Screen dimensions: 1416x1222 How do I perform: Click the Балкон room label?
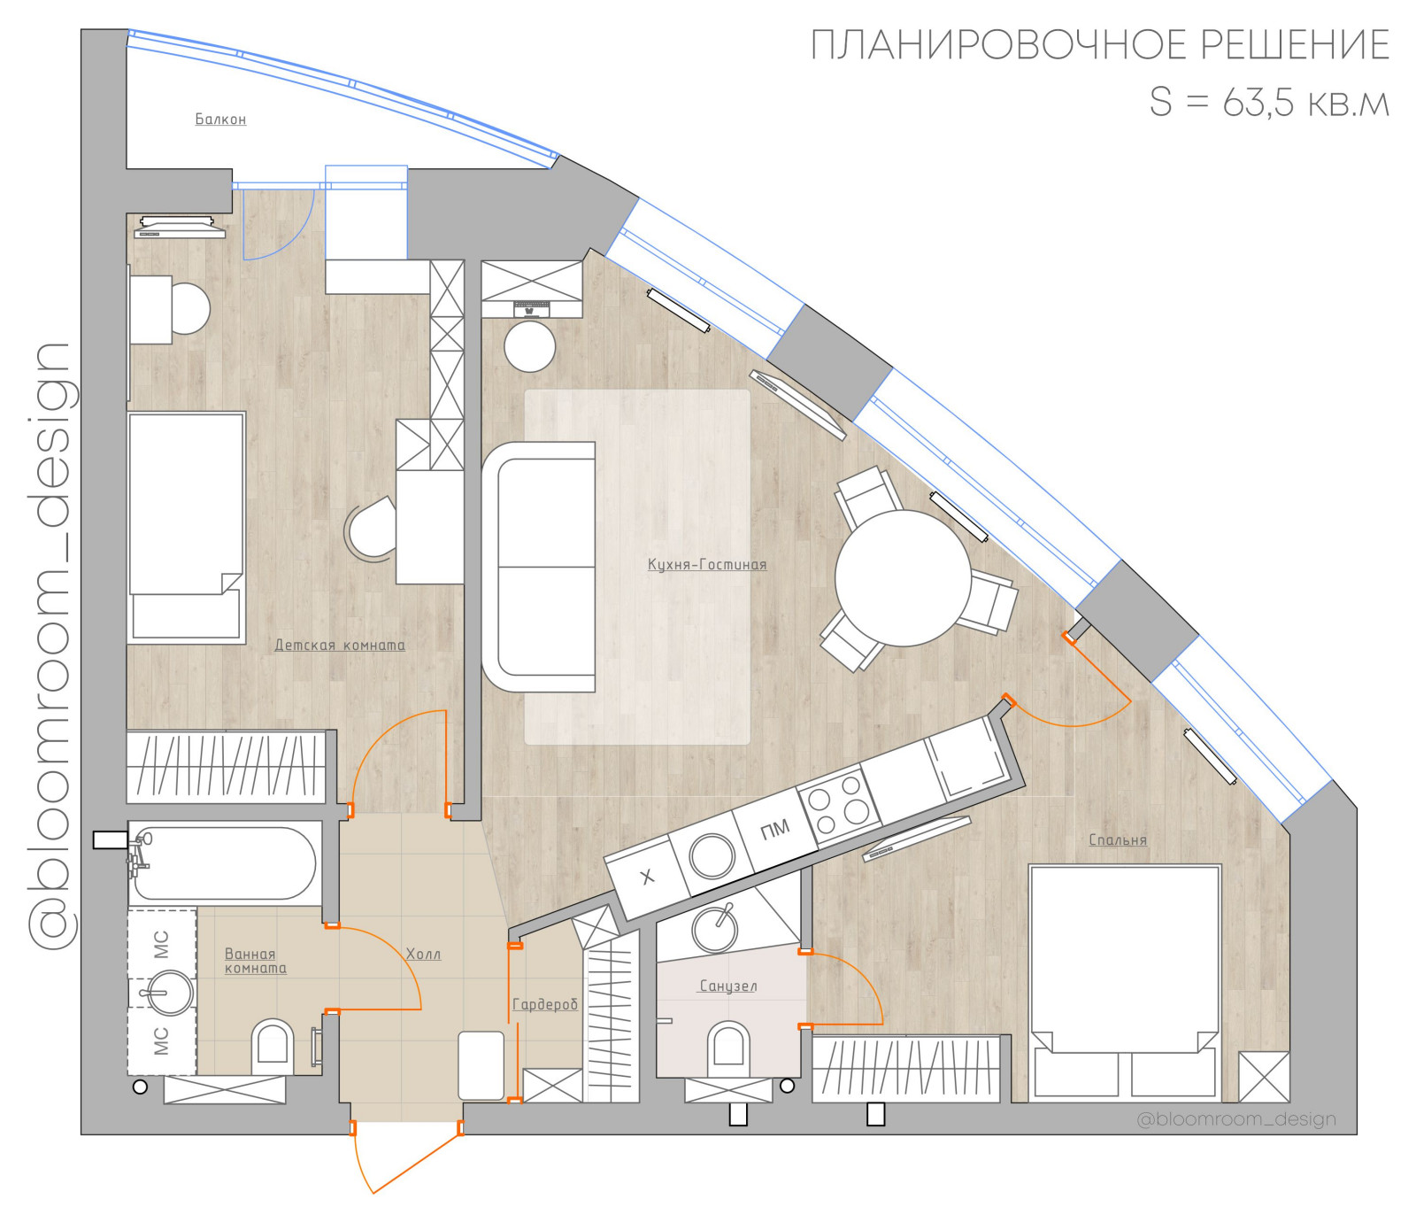pyautogui.click(x=220, y=120)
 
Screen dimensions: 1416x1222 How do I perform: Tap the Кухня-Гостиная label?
pyautogui.click(x=707, y=565)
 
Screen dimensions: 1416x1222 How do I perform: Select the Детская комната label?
pyautogui.click(x=340, y=646)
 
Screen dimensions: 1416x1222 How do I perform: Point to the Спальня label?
pyautogui.click(x=1118, y=840)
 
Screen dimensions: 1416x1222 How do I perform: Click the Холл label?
pyautogui.click(x=423, y=955)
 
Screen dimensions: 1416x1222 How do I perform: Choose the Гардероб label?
pyautogui.click(x=545, y=1004)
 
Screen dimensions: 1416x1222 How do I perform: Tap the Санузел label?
pyautogui.click(x=728, y=986)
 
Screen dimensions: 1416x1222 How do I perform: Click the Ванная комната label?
pyautogui.click(x=256, y=962)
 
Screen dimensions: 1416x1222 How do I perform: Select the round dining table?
pyautogui.click(x=903, y=578)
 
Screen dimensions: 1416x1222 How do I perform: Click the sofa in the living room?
pyautogui.click(x=539, y=567)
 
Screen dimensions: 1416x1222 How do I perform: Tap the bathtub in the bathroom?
pyautogui.click(x=225, y=863)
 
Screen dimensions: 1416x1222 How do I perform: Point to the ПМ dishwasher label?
pyautogui.click(x=775, y=830)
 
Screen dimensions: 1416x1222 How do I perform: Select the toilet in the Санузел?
pyautogui.click(x=728, y=1048)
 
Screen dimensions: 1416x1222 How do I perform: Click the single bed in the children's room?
pyautogui.click(x=186, y=527)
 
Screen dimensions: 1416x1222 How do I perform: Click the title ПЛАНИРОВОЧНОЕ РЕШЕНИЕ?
pyautogui.click(x=1100, y=45)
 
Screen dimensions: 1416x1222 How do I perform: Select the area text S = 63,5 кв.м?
pyautogui.click(x=1270, y=103)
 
